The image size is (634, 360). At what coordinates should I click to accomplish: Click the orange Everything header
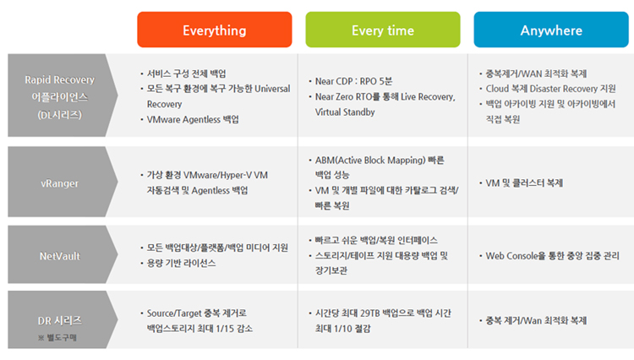(215, 30)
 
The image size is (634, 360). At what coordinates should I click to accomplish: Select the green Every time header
(382, 30)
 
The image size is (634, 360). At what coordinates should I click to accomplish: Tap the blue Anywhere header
(551, 30)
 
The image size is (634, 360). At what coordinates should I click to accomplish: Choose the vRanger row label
(59, 183)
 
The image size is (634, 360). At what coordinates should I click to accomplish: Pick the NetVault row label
(60, 256)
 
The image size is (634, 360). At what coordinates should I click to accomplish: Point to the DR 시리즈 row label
(59, 321)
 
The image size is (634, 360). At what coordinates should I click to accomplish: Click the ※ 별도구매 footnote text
(57, 337)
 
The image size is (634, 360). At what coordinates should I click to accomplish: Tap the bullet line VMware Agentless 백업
(189, 120)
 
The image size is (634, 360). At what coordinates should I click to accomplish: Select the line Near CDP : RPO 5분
(351, 81)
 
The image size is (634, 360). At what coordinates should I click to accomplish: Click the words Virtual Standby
(345, 112)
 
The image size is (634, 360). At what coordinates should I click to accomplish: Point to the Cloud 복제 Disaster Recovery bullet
(548, 89)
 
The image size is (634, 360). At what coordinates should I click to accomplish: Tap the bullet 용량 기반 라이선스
(178, 263)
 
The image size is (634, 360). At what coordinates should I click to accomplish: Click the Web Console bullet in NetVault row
(549, 256)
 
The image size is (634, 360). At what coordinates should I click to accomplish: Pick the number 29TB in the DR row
(370, 314)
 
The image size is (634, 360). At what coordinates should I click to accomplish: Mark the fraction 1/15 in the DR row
(225, 329)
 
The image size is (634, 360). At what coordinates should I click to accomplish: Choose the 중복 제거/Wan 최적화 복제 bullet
(533, 320)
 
